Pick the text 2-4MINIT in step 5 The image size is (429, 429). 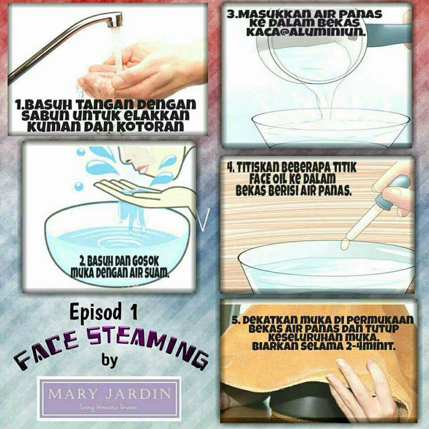point(370,346)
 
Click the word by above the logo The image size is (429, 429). point(109,360)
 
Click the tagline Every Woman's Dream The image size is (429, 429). point(109,408)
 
